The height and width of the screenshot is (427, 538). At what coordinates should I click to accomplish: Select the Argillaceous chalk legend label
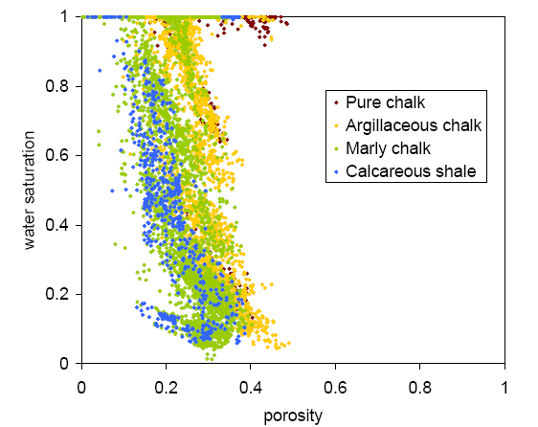tap(414, 125)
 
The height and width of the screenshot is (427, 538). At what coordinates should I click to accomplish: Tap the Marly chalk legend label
tap(389, 148)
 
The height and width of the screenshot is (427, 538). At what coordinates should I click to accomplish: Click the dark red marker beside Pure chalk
tap(336, 101)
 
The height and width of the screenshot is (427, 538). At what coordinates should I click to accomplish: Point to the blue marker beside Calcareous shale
tap(336, 172)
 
